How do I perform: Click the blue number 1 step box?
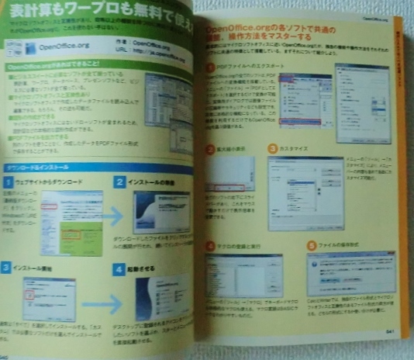pyautogui.click(x=6, y=182)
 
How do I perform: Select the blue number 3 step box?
pyautogui.click(x=6, y=268)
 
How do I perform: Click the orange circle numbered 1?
pyautogui.click(x=210, y=68)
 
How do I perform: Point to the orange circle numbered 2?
pyautogui.click(x=210, y=149)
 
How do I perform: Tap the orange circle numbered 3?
pyautogui.click(x=271, y=148)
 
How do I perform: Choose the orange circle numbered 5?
pyautogui.click(x=311, y=244)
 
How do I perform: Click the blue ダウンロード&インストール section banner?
pyautogui.click(x=93, y=167)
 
